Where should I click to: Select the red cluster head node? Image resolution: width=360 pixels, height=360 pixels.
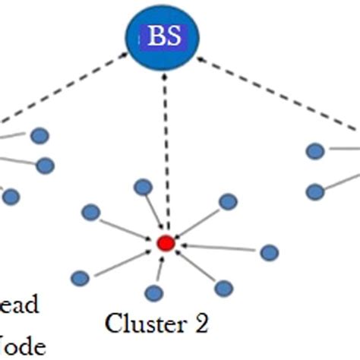pyautogui.click(x=165, y=244)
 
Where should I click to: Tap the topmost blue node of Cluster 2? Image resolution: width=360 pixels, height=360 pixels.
pyautogui.click(x=142, y=187)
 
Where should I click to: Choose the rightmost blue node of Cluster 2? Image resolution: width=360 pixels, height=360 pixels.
pyautogui.click(x=269, y=252)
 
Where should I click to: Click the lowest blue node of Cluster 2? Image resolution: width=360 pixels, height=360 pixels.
pyautogui.click(x=154, y=292)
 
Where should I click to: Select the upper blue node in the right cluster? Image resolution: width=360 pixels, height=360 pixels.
pyautogui.click(x=315, y=152)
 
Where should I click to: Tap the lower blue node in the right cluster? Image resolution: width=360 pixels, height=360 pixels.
pyautogui.click(x=315, y=192)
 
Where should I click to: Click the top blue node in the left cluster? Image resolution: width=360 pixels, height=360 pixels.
pyautogui.click(x=39, y=136)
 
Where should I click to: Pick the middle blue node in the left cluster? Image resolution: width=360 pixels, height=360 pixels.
pyautogui.click(x=45, y=165)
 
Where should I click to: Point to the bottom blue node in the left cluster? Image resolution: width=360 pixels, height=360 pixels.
pyautogui.click(x=10, y=197)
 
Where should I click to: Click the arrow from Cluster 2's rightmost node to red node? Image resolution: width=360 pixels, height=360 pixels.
pyautogui.click(x=220, y=248)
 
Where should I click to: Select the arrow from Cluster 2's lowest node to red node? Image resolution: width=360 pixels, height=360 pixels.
pyautogui.click(x=159, y=270)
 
